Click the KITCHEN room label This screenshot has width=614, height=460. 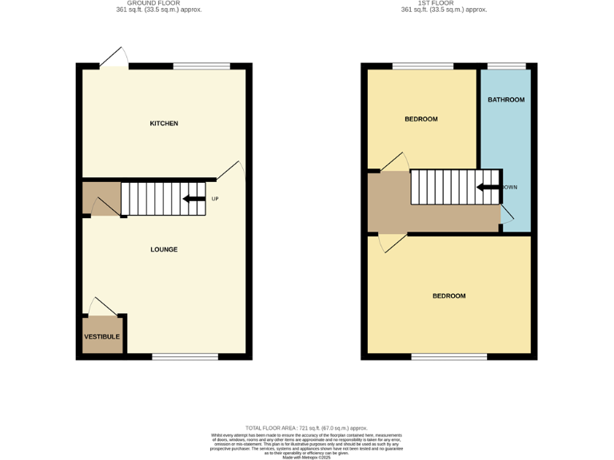164,124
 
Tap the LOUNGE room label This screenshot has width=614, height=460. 164,249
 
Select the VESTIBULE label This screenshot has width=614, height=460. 102,336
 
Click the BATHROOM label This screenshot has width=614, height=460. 506,100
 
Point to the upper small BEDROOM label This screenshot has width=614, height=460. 421,119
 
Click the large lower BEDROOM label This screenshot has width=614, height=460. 449,295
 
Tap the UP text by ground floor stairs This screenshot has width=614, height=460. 214,199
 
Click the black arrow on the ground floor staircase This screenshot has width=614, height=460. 193,199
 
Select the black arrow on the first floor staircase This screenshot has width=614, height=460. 488,188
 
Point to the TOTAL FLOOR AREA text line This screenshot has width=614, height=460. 306,429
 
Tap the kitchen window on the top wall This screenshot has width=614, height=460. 201,65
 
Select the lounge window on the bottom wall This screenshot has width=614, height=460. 185,356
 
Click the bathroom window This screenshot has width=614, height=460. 507,65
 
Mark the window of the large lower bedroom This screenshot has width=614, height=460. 449,356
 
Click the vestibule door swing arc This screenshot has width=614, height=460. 102,306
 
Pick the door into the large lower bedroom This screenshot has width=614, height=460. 392,242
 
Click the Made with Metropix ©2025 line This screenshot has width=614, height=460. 306,458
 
